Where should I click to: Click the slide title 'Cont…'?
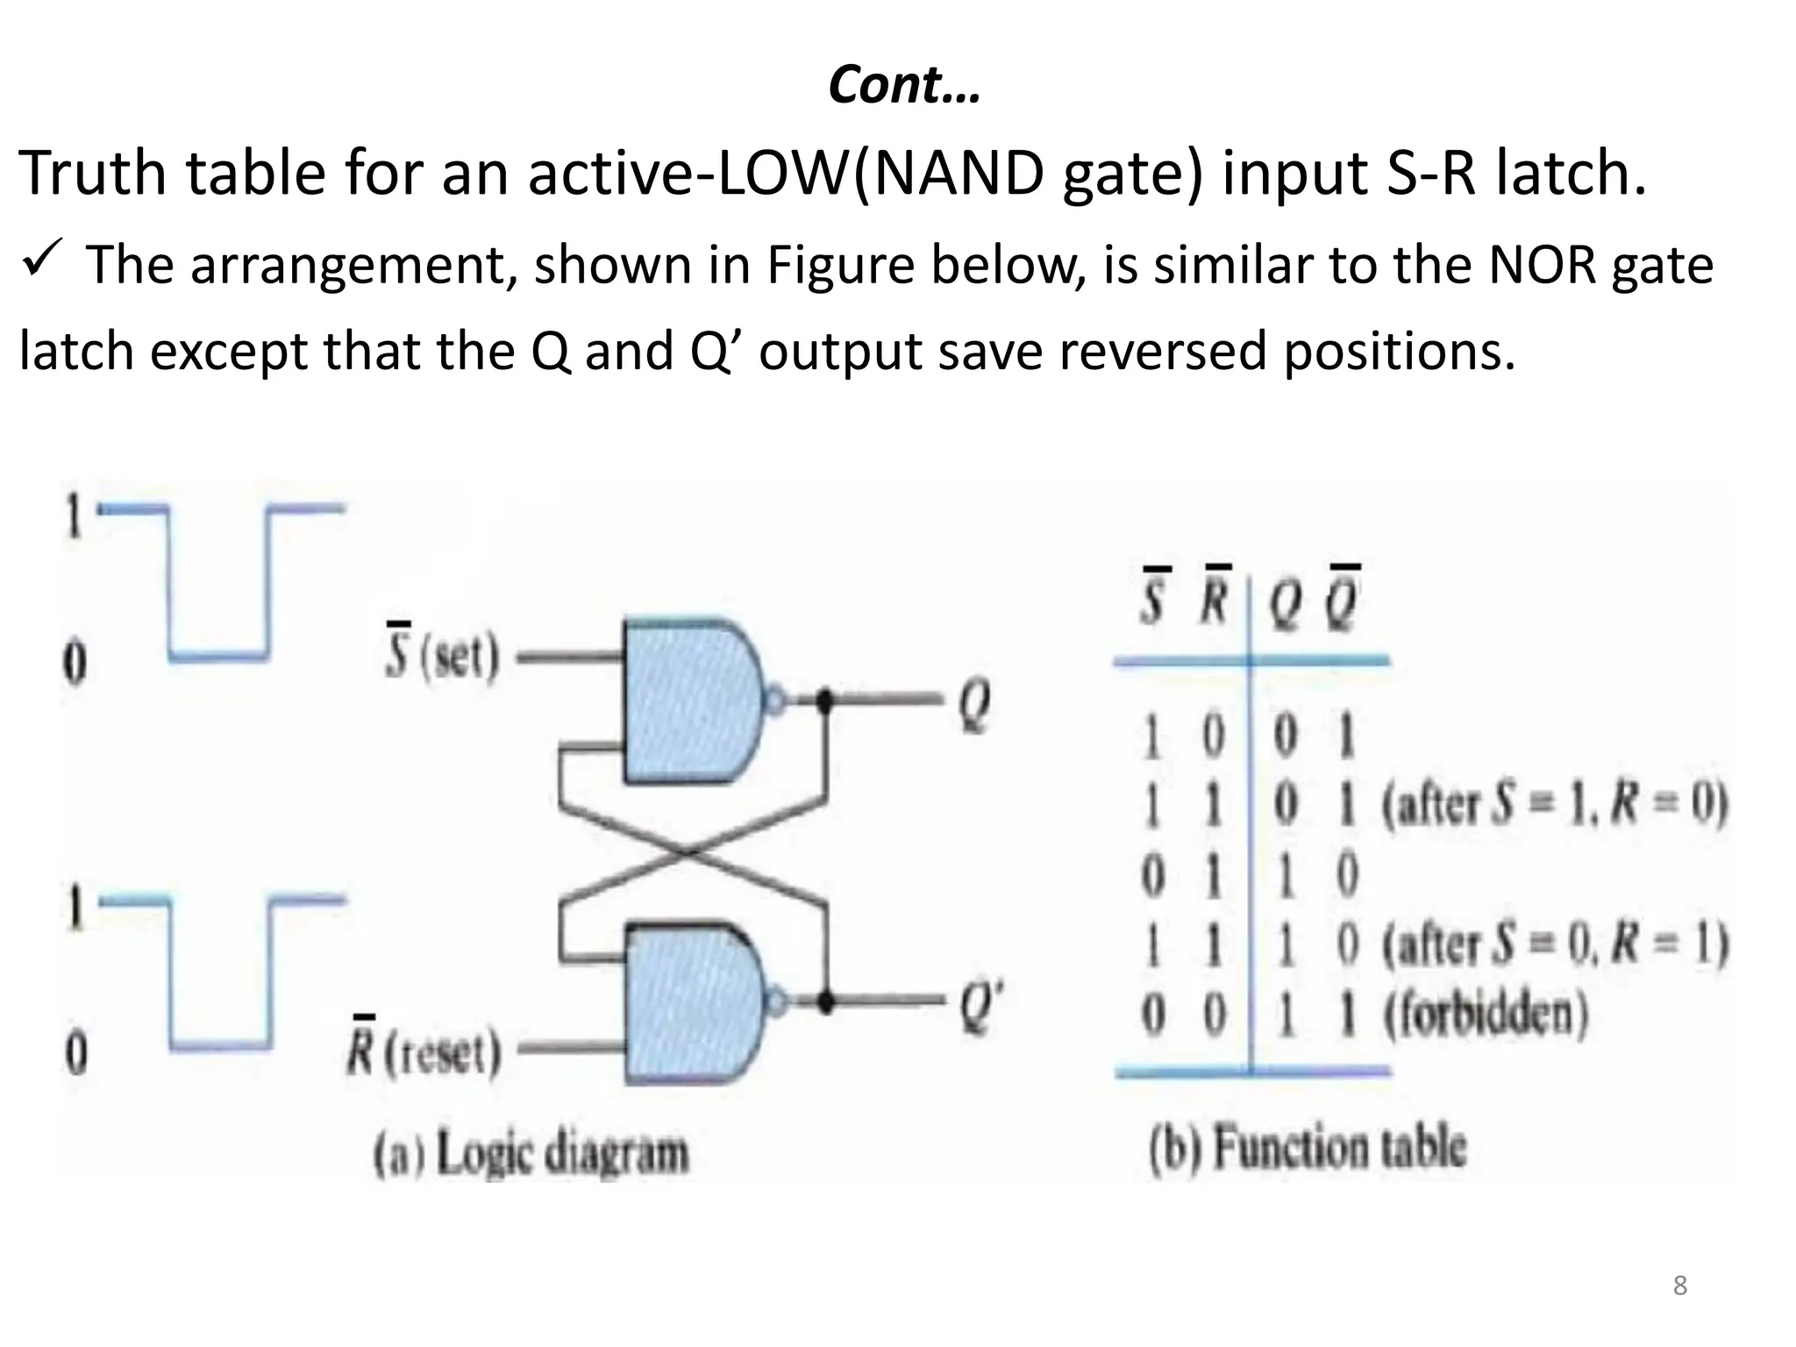pyautogui.click(x=904, y=86)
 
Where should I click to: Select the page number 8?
pyautogui.click(x=1679, y=1286)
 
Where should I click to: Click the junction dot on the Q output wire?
pyautogui.click(x=824, y=700)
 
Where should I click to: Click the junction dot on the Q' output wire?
pyautogui.click(x=824, y=1001)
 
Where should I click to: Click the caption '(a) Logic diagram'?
pyautogui.click(x=531, y=1153)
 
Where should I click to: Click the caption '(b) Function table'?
pyautogui.click(x=1307, y=1147)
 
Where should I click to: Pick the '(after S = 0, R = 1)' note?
pyautogui.click(x=1554, y=945)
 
